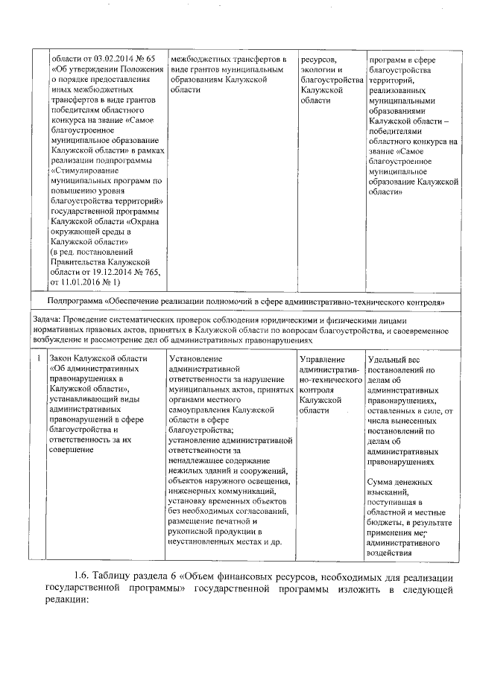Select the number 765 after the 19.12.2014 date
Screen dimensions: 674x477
tap(143, 273)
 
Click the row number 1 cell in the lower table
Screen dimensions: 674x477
tap(39, 358)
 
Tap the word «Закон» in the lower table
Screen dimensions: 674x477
tap(63, 358)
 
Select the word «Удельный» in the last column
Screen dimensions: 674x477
tap(388, 360)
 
